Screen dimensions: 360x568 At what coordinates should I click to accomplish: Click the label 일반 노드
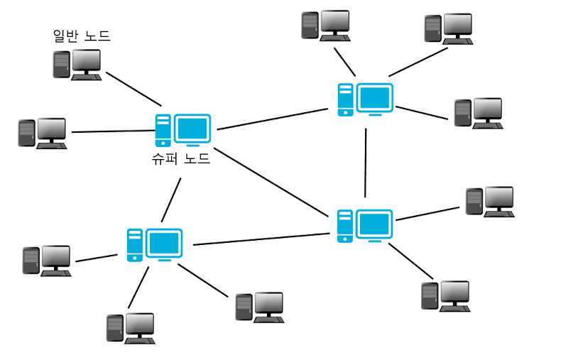[82, 36]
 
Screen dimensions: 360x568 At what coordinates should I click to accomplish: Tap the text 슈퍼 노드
[181, 159]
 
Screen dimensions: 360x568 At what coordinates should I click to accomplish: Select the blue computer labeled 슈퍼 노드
[182, 130]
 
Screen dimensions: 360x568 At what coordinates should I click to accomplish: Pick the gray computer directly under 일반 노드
[77, 64]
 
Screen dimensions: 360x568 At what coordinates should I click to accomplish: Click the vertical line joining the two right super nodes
[366, 163]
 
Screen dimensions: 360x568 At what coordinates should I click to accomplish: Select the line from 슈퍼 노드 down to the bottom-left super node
[171, 200]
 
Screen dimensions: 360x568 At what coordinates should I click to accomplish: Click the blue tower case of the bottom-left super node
[135, 245]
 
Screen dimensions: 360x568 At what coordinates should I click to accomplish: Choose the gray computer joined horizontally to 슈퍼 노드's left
[43, 133]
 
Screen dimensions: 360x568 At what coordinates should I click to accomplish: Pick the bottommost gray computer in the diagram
[131, 328]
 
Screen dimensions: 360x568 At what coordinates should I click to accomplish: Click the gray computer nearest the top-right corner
[448, 28]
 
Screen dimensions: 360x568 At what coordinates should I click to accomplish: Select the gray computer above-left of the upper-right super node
[325, 25]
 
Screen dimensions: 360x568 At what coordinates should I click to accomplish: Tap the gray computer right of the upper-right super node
[478, 112]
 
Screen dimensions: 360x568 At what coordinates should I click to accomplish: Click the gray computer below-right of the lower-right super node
[445, 295]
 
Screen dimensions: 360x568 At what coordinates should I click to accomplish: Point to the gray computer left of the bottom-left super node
[47, 261]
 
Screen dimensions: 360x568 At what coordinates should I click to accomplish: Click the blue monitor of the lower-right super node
[374, 225]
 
